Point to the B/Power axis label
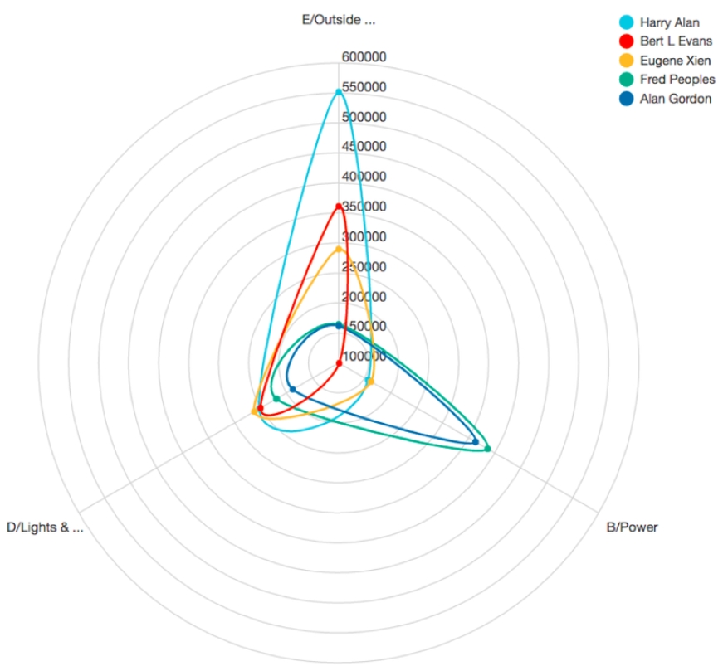coord(632,527)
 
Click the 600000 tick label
coord(364,57)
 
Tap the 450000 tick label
coord(364,147)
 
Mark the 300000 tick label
coord(364,237)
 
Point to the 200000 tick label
coord(364,297)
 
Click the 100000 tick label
coord(364,357)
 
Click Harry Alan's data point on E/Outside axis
coord(338,91)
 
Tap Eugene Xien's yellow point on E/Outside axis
coord(338,249)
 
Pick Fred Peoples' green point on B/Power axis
coord(487,450)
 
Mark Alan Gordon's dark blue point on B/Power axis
coord(475,442)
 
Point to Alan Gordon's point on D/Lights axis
coord(292,390)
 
